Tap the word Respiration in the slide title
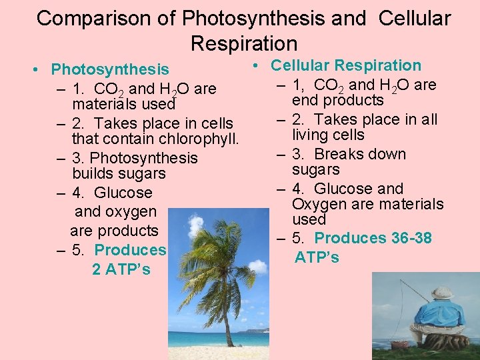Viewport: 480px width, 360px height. coord(243,43)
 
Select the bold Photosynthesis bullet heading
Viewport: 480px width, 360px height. coord(110,69)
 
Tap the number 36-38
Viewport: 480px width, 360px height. coord(411,238)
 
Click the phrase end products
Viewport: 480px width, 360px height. coord(337,101)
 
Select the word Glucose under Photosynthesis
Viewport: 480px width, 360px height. coord(123,193)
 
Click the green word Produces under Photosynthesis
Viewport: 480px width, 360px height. coord(130,250)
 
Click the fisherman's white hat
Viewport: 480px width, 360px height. coord(441,292)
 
